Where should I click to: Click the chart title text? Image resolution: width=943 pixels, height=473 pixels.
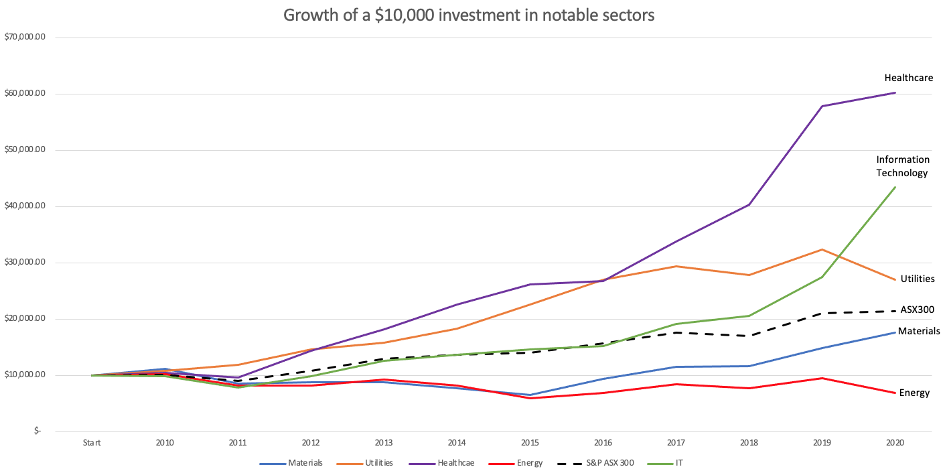point(469,15)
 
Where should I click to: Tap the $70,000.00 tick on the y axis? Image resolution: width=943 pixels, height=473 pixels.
point(25,38)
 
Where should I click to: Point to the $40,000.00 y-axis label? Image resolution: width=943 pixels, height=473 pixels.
point(25,206)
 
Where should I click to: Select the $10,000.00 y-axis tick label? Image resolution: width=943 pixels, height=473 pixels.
point(25,375)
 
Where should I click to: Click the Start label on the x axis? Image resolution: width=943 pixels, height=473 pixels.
point(92,443)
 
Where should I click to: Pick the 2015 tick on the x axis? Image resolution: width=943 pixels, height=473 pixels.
point(530,443)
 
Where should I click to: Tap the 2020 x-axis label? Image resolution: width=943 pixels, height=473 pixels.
point(895,443)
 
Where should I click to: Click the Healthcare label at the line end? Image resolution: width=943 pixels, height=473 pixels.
point(909,78)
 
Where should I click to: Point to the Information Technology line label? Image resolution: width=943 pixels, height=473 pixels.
point(903,166)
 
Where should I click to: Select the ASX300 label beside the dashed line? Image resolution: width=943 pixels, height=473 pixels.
point(917,310)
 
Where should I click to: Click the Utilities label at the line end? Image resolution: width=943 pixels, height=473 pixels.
point(918,279)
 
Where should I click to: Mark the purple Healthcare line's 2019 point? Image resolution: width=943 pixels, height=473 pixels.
point(822,106)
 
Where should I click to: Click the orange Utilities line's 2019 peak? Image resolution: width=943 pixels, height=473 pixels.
point(822,249)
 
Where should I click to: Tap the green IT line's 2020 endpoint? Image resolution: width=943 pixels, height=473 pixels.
point(895,187)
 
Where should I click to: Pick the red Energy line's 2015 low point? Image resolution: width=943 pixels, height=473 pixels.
point(530,398)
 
